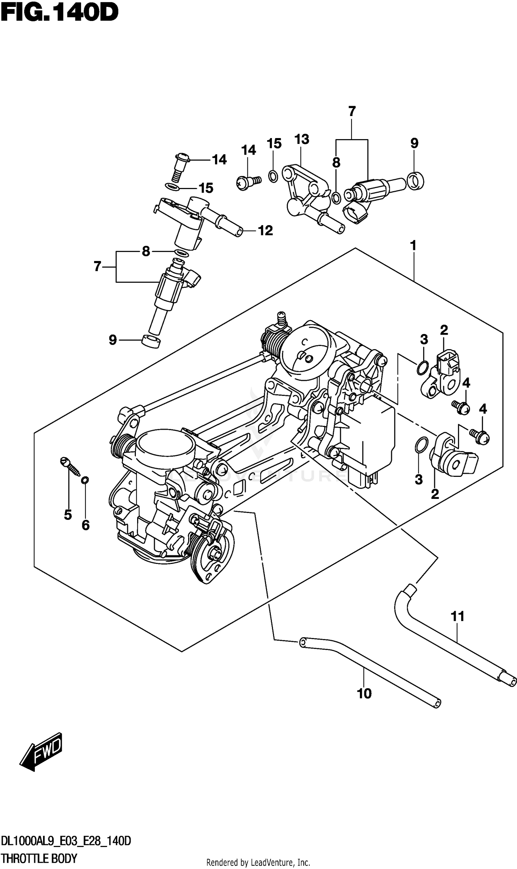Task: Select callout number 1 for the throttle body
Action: click(x=413, y=246)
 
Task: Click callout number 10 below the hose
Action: click(x=364, y=694)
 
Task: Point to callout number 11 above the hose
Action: click(x=457, y=616)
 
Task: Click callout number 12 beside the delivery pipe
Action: click(x=265, y=231)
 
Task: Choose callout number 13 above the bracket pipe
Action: click(x=301, y=139)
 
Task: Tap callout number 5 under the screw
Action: click(x=68, y=515)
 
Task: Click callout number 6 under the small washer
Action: click(x=86, y=525)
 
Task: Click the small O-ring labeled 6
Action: click(x=85, y=480)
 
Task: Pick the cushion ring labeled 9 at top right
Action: click(x=415, y=181)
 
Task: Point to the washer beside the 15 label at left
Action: click(x=173, y=188)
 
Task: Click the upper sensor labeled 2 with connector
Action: click(x=441, y=374)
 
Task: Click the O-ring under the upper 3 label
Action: click(x=422, y=368)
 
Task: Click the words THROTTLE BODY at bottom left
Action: click(x=39, y=859)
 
